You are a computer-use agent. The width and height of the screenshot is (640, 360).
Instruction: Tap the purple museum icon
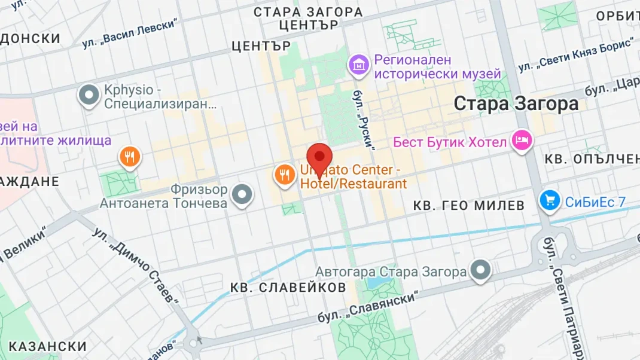pyautogui.click(x=359, y=65)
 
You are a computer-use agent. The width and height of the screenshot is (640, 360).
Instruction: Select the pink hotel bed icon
pyautogui.click(x=523, y=141)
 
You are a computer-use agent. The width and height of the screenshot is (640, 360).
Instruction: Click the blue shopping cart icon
pyautogui.click(x=549, y=202)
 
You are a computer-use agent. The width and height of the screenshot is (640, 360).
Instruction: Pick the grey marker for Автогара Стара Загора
pyautogui.click(x=480, y=271)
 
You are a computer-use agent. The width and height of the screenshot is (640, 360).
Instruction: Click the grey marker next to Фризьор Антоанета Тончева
pyautogui.click(x=242, y=195)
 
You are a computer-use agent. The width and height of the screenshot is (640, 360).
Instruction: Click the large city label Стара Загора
pyautogui.click(x=516, y=104)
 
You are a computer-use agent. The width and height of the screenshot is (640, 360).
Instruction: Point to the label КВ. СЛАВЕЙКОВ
pyautogui.click(x=288, y=288)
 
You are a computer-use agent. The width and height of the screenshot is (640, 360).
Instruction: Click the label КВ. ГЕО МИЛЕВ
pyautogui.click(x=469, y=206)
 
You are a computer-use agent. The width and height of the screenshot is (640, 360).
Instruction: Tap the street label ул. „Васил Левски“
pyautogui.click(x=130, y=33)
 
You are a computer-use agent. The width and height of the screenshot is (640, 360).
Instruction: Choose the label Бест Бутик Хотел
pyautogui.click(x=450, y=142)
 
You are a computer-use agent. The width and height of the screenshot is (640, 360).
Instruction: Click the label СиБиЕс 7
pyautogui.click(x=595, y=202)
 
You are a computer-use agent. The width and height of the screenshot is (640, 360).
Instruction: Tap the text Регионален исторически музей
pyautogui.click(x=437, y=67)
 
